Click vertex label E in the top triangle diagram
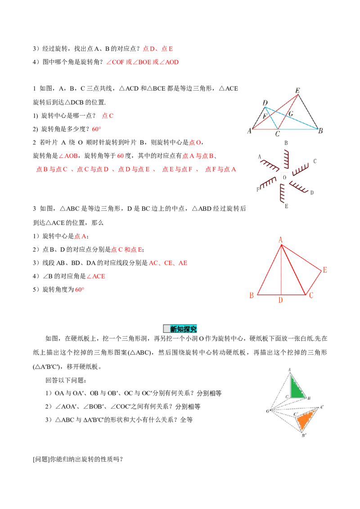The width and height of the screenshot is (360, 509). pyautogui.click(x=297, y=90)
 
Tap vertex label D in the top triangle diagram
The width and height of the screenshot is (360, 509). pyautogui.click(x=265, y=100)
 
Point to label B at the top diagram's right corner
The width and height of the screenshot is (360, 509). pyautogui.click(x=320, y=131)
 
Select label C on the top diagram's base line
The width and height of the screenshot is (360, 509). pyautogui.click(x=277, y=134)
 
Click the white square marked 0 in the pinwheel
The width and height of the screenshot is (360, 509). pyautogui.click(x=284, y=177)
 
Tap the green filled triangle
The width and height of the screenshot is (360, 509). pyautogui.click(x=296, y=388)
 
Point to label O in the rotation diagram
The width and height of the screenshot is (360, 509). pyautogui.click(x=268, y=411)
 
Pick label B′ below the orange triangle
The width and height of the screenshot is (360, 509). pyautogui.click(x=304, y=435)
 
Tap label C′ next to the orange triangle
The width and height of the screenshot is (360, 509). pyautogui.click(x=295, y=413)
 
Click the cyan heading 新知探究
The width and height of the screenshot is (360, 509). pyautogui.click(x=180, y=329)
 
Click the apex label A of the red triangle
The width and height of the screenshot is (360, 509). pyautogui.click(x=280, y=241)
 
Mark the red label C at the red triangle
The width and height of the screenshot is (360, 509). pyautogui.click(x=311, y=295)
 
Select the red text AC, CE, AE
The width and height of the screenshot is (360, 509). pyautogui.click(x=168, y=263)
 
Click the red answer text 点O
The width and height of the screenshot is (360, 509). pyautogui.click(x=194, y=143)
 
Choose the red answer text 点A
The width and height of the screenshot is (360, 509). pyautogui.click(x=80, y=237)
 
